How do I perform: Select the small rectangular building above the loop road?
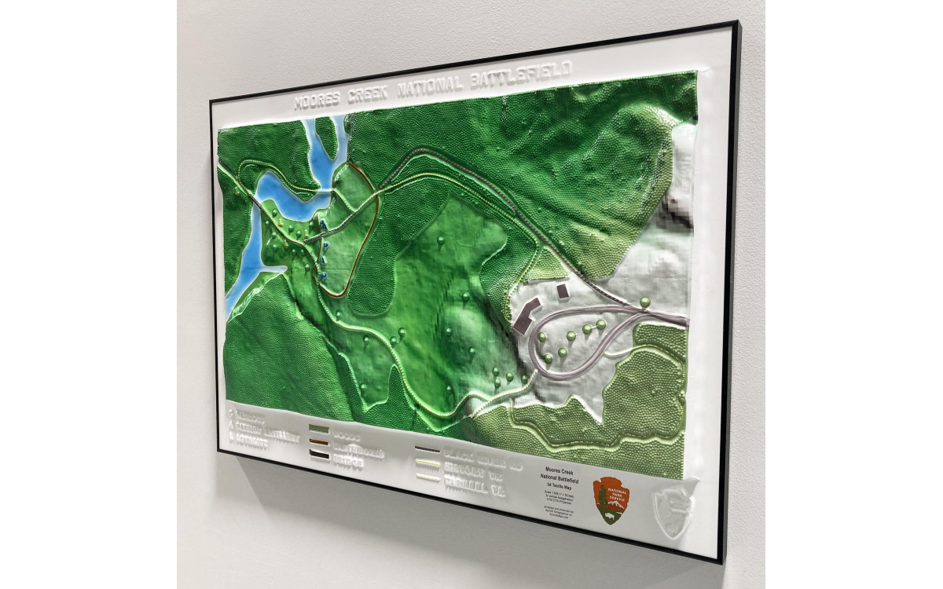563,291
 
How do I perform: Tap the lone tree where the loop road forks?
645,302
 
